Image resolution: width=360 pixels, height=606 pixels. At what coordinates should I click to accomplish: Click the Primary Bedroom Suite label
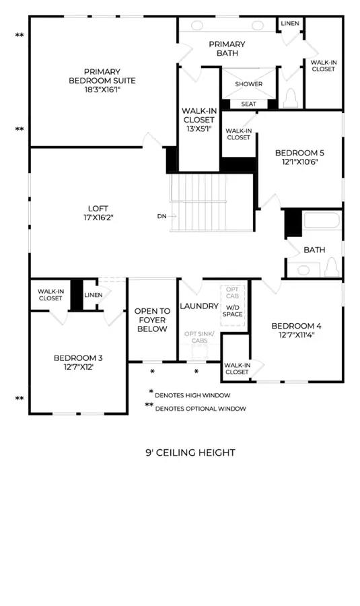click(102, 76)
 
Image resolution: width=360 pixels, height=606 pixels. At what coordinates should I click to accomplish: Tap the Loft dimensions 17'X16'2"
click(98, 217)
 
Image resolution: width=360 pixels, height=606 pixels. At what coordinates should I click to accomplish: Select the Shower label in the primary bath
click(249, 84)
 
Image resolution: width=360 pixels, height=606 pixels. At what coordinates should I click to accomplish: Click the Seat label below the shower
click(248, 104)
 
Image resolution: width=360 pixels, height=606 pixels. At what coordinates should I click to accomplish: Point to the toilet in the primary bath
click(291, 98)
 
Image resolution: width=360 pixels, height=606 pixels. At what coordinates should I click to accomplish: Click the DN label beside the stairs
click(162, 216)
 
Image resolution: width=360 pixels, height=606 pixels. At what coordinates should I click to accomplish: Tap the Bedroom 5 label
click(299, 153)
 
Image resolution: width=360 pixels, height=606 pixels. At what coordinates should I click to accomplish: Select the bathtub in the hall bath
click(322, 221)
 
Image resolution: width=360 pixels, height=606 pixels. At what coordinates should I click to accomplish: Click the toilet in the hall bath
click(332, 267)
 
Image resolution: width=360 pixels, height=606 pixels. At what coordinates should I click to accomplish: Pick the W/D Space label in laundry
click(233, 310)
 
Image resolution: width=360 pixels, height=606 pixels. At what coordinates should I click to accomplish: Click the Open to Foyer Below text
click(152, 320)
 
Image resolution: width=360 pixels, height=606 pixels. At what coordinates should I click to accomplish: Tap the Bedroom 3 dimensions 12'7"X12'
click(79, 367)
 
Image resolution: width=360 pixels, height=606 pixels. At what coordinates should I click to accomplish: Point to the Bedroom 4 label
click(296, 326)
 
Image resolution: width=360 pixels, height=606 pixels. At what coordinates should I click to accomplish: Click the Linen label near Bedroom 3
click(94, 295)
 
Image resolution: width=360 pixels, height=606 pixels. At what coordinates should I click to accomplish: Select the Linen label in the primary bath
click(290, 23)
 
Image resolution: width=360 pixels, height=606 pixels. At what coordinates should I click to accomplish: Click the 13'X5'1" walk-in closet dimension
click(199, 129)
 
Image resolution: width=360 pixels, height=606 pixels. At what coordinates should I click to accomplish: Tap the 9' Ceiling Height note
click(190, 452)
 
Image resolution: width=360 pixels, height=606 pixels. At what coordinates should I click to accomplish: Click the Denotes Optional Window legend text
click(201, 409)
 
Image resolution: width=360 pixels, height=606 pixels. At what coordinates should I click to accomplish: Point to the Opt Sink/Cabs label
click(199, 337)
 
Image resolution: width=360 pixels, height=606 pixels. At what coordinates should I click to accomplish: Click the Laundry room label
click(199, 306)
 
